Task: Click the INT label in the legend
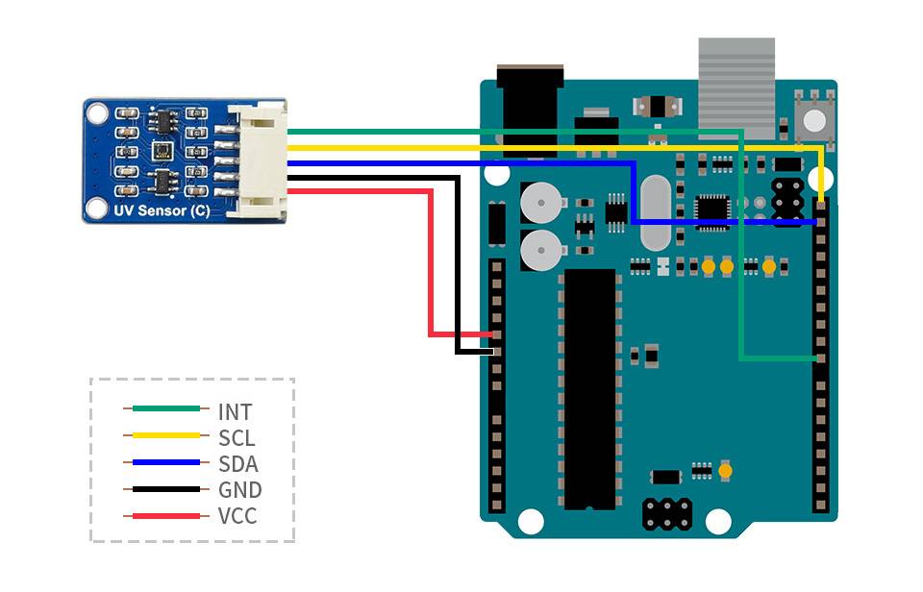point(235,412)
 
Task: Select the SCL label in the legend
point(236,438)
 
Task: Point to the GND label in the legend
point(239,490)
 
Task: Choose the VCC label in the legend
point(237,516)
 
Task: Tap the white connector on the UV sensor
point(260,160)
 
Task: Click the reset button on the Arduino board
point(814,119)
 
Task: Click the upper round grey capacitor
point(540,203)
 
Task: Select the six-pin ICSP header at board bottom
point(666,513)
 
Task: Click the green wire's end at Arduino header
point(818,358)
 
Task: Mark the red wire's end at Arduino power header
point(495,335)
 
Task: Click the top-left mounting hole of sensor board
point(96,113)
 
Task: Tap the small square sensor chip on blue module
point(161,151)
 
